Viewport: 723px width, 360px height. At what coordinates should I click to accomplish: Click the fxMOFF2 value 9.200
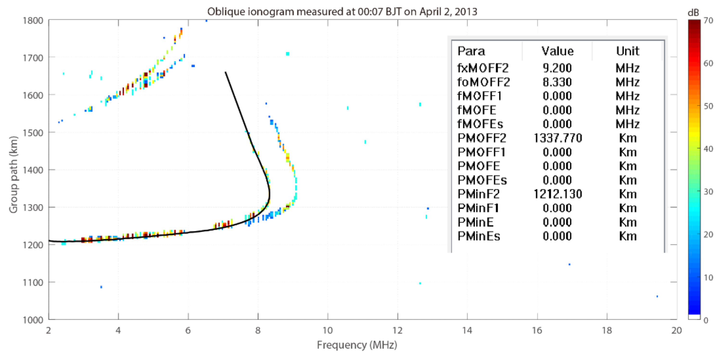coord(557,68)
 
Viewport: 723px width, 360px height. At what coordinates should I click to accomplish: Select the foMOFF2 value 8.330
coord(557,82)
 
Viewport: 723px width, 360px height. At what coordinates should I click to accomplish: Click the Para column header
coord(471,51)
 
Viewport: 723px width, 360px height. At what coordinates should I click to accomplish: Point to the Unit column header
coord(628,51)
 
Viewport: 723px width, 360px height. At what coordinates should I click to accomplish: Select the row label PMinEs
coord(479,236)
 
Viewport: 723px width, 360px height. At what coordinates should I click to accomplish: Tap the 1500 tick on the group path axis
coord(33,133)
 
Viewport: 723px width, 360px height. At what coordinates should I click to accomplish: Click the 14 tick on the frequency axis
coord(467,330)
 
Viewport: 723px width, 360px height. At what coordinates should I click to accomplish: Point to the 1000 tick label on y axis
coord(33,320)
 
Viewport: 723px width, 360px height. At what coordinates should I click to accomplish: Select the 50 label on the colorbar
coord(708,106)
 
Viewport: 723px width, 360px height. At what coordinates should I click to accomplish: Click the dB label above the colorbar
coord(693,13)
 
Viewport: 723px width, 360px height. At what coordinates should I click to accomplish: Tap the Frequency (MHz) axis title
coord(357,345)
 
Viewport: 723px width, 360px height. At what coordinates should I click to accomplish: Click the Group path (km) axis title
coord(13,175)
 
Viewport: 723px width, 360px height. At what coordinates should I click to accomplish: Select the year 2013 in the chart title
coord(466,12)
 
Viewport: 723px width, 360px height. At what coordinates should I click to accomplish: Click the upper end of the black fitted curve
coord(225,72)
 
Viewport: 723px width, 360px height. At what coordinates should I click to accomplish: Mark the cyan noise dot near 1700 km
coord(287,54)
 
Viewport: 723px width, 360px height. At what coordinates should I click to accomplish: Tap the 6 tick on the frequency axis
coord(188,330)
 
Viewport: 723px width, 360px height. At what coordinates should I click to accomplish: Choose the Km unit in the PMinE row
coord(628,222)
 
